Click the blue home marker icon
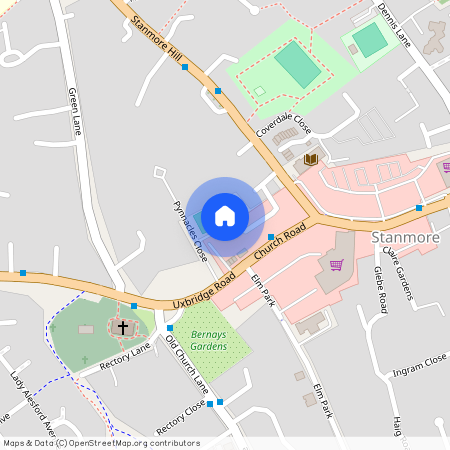[224, 216]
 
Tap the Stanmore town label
[405, 238]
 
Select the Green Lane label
[74, 110]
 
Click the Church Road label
[279, 244]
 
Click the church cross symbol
[123, 327]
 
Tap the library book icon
[310, 159]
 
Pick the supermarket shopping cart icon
[337, 264]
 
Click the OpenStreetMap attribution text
[100, 443]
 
